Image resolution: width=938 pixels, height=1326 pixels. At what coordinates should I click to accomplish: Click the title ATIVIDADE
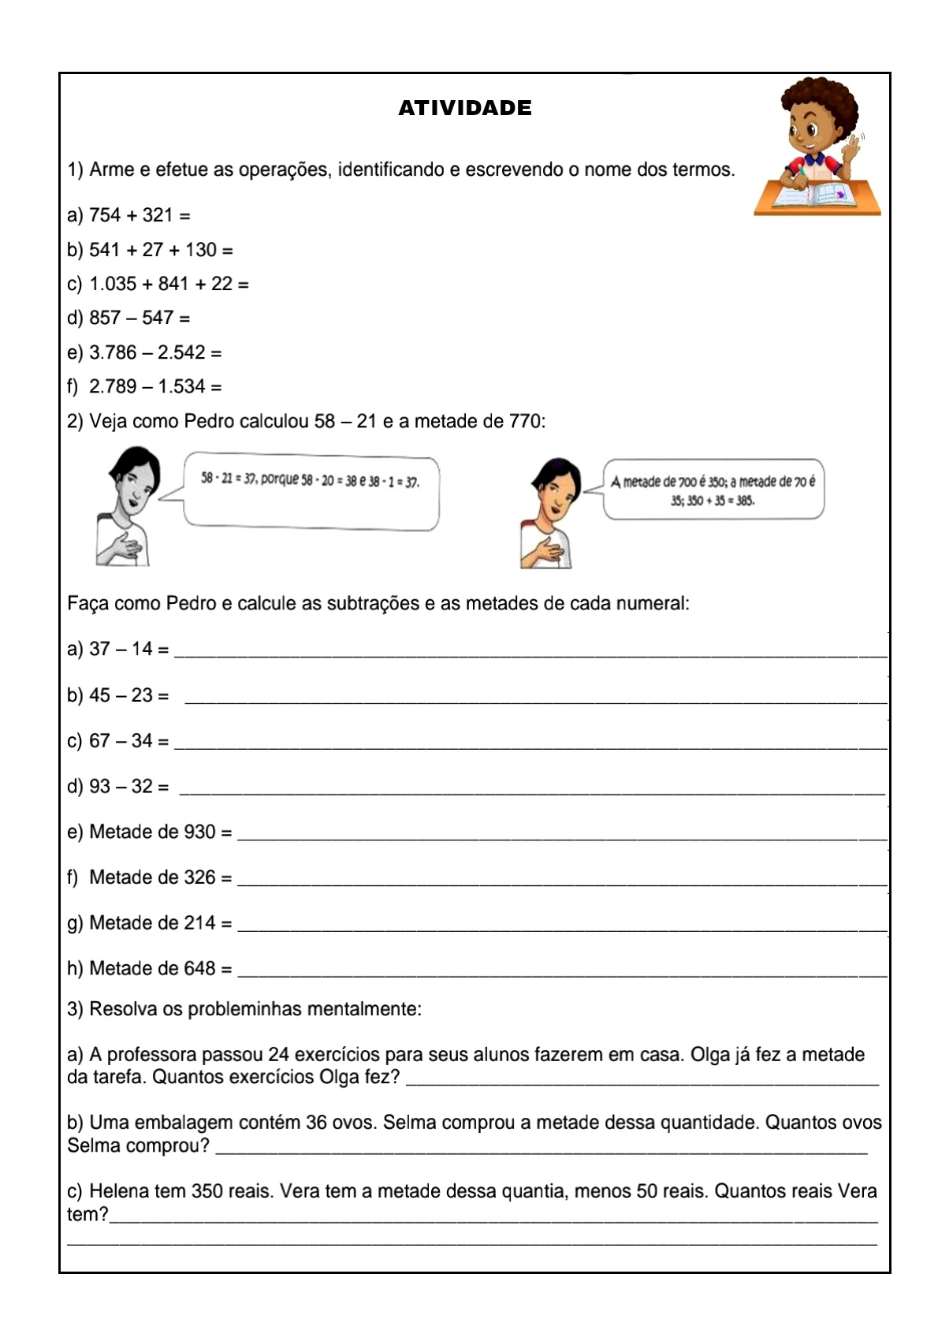pos(464,108)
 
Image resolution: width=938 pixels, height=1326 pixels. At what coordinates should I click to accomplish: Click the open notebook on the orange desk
pos(816,195)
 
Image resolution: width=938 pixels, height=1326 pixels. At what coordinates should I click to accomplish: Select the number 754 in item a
pos(105,215)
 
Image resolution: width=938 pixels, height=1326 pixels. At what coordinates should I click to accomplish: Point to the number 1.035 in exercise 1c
pos(113,284)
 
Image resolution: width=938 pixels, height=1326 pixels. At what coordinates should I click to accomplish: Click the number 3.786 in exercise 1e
pos(113,352)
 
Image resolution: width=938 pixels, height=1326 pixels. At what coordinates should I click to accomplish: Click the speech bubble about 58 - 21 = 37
pos(311,493)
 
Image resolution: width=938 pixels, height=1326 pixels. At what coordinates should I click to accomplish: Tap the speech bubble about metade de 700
pos(713,490)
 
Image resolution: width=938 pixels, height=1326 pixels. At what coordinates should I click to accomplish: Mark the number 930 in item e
pos(199,832)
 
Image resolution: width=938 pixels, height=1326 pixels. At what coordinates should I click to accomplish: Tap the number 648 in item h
pos(199,969)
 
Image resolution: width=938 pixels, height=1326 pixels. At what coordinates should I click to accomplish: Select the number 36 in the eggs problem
pos(317,1123)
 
